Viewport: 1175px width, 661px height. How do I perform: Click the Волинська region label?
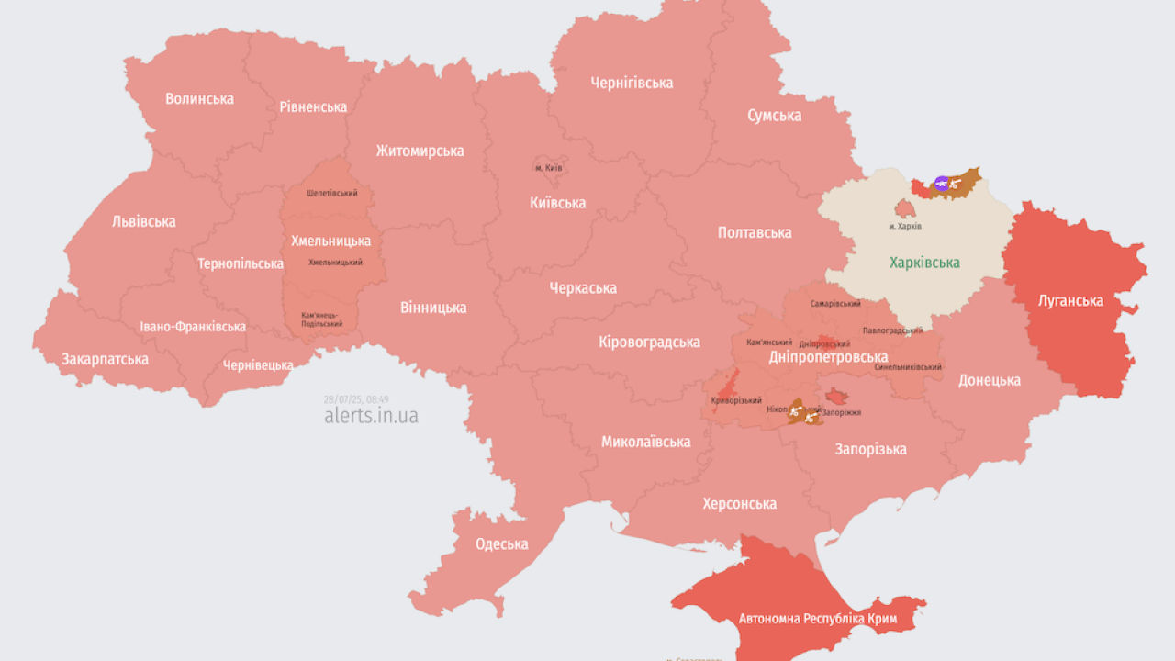pyautogui.click(x=199, y=98)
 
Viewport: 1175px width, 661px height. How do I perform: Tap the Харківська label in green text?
pyautogui.click(x=924, y=263)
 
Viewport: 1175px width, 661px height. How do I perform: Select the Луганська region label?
pyautogui.click(x=1070, y=300)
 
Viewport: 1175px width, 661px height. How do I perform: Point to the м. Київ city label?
pyautogui.click(x=548, y=168)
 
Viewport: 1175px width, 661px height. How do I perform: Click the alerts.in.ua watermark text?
pyautogui.click(x=371, y=416)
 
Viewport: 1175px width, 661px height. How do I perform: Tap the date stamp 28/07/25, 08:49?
pyautogui.click(x=356, y=399)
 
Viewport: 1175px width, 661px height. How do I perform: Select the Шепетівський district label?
pyautogui.click(x=331, y=194)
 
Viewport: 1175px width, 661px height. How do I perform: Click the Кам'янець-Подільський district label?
pyautogui.click(x=322, y=319)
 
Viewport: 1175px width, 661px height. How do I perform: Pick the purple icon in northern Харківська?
pyautogui.click(x=941, y=184)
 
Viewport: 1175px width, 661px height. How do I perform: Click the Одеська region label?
pyautogui.click(x=501, y=543)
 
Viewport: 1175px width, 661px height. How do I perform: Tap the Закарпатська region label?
pyautogui.click(x=105, y=359)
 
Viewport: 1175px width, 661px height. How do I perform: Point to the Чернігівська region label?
pyautogui.click(x=632, y=83)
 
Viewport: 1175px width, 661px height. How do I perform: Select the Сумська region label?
pyautogui.click(x=774, y=116)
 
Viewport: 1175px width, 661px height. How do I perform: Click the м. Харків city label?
pyautogui.click(x=904, y=226)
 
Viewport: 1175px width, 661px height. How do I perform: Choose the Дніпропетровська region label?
pyautogui.click(x=827, y=357)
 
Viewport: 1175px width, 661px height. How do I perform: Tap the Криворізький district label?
pyautogui.click(x=736, y=400)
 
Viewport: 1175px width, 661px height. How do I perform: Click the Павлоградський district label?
pyautogui.click(x=892, y=330)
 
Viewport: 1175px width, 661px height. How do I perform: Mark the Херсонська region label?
pyautogui.click(x=739, y=503)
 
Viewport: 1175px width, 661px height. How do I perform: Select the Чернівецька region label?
pyautogui.click(x=258, y=365)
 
